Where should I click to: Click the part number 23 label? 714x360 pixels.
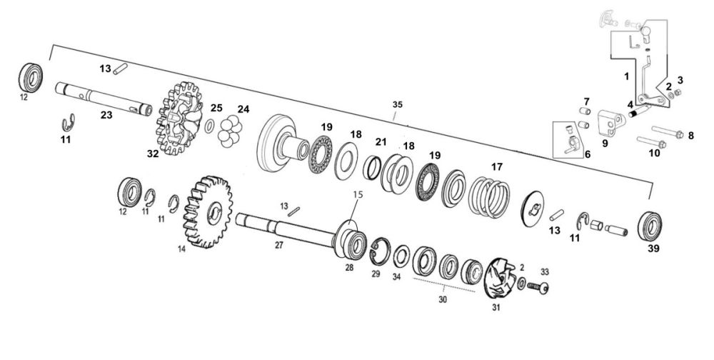coord(106,115)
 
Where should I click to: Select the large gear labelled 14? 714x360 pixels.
coord(208,212)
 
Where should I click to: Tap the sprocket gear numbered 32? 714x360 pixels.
coord(179,118)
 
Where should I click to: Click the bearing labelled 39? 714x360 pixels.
coord(649,226)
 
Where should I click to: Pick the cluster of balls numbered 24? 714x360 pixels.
coord(230,131)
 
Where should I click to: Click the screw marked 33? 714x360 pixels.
coord(538,287)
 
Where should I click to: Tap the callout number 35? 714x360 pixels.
coord(398,104)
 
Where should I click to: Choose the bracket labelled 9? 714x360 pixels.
coord(610,124)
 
